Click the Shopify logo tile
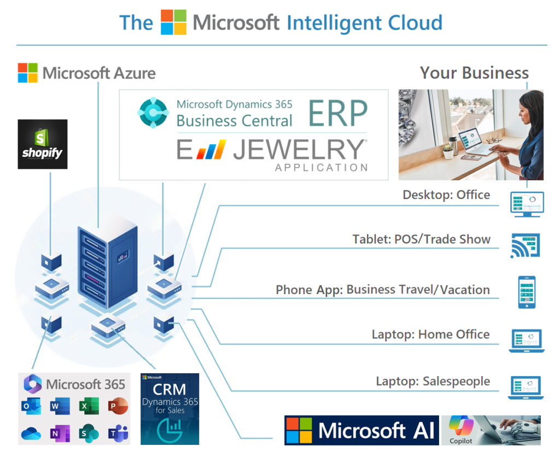(x=43, y=144)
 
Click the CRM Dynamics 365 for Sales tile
(x=170, y=408)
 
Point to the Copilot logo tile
(x=461, y=430)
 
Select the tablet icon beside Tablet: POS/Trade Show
(x=526, y=245)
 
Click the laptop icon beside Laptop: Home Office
(x=526, y=340)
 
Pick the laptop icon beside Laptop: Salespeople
(x=526, y=387)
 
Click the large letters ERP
(x=338, y=114)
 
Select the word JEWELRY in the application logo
(x=299, y=149)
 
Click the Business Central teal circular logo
(x=154, y=113)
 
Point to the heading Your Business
(x=474, y=73)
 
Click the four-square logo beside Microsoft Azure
(x=28, y=73)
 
